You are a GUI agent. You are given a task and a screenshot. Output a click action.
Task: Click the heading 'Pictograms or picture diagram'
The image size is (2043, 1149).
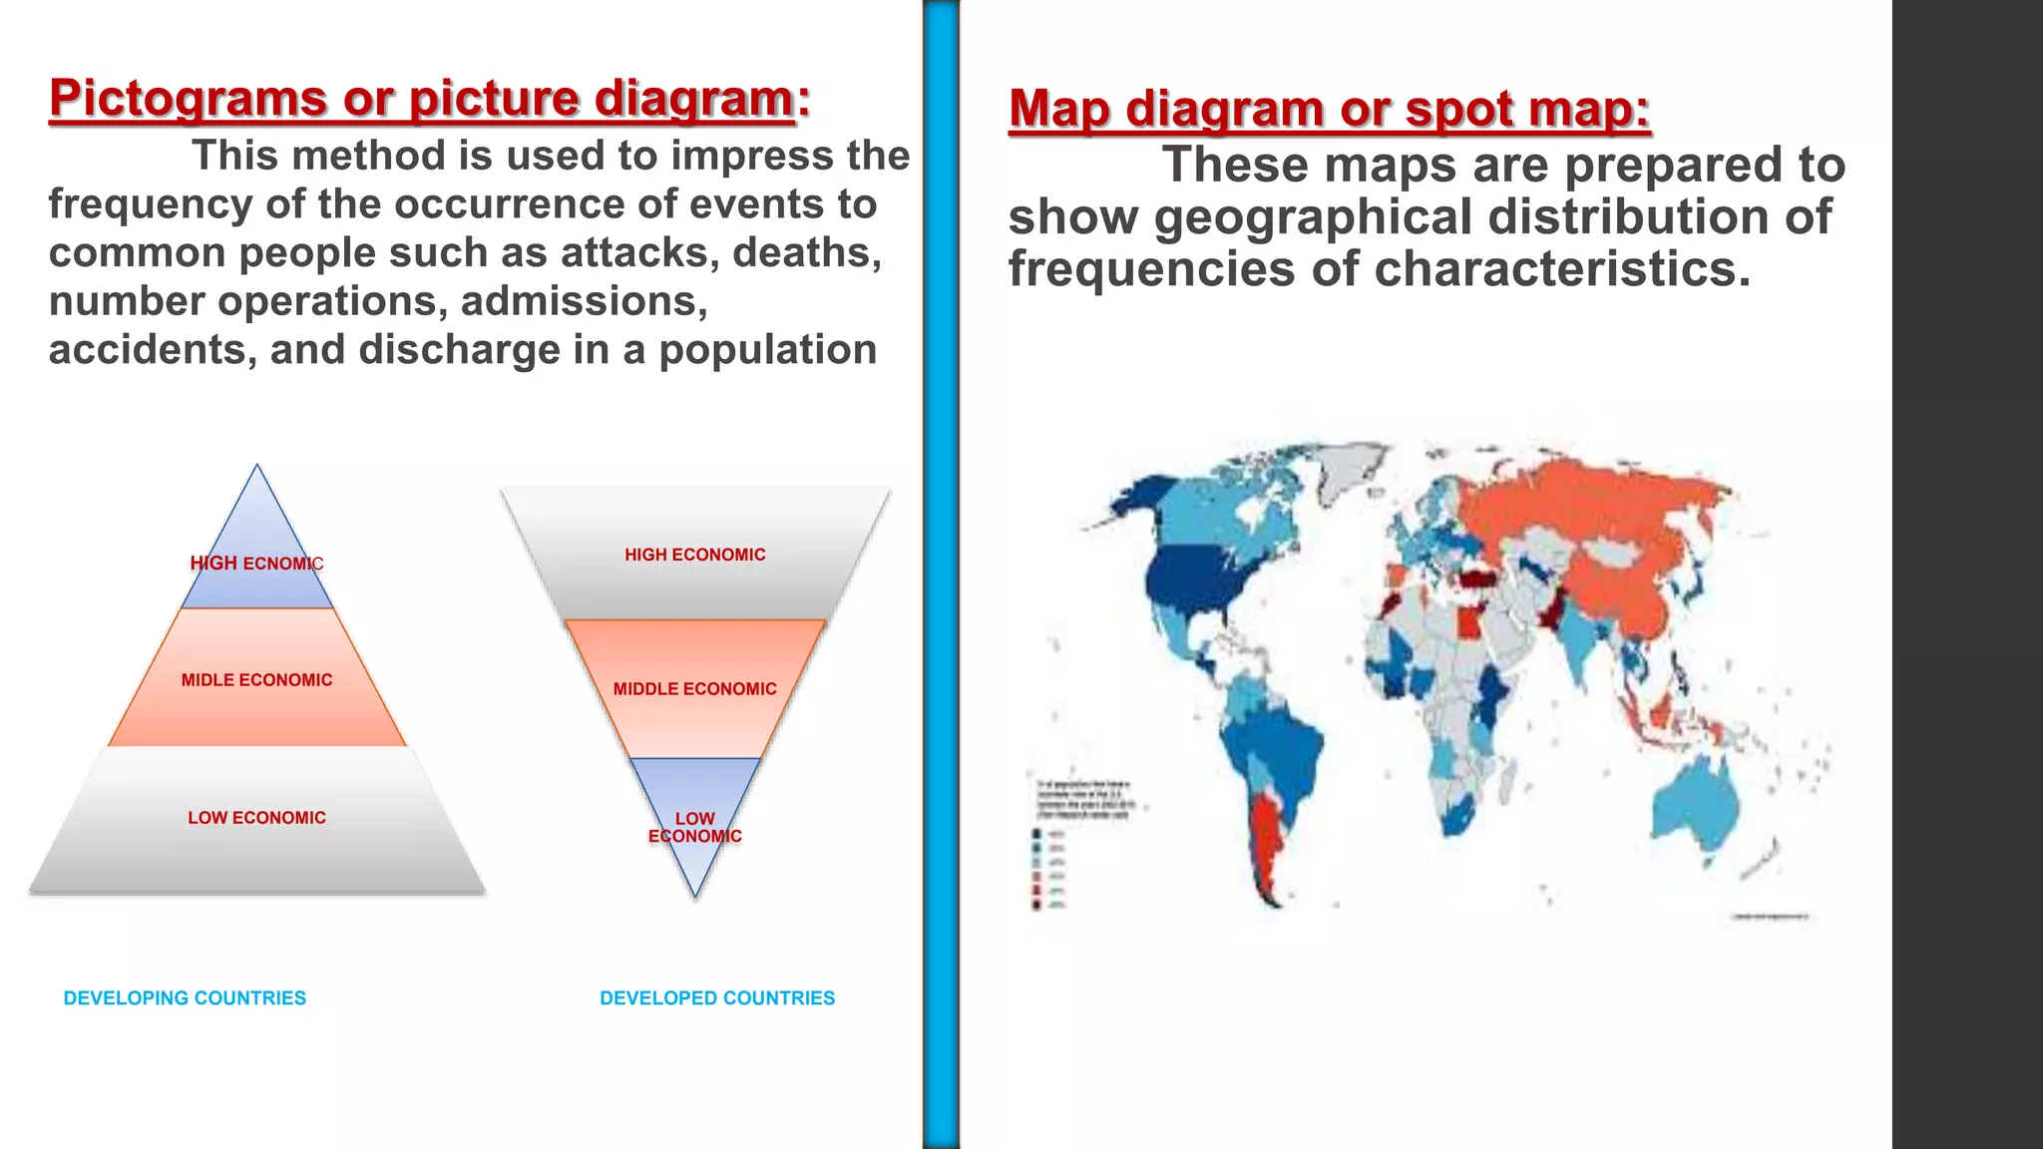421,99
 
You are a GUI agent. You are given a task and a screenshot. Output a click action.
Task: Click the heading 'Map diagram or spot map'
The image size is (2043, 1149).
1328,109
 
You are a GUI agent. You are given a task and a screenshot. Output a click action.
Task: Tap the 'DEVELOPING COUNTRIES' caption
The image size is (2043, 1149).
185,998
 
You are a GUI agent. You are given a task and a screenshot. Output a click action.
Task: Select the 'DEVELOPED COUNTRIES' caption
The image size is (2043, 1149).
717,998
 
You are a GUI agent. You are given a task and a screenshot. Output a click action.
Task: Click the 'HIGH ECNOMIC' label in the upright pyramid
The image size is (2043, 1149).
256,564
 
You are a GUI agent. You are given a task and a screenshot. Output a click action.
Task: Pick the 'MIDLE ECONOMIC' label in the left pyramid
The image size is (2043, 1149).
256,680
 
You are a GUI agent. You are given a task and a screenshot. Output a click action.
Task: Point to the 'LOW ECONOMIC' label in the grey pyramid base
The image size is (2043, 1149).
256,818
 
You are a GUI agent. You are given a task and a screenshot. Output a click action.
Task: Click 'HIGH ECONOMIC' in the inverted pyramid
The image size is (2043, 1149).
694,555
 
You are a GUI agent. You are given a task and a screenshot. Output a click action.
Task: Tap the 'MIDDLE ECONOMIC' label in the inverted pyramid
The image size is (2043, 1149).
694,689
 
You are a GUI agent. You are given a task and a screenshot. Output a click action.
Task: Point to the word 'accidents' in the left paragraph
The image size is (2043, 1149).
152,350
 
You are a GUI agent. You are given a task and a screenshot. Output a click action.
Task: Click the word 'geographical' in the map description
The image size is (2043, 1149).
1313,217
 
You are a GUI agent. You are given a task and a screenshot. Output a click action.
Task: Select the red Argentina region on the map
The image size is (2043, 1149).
1265,838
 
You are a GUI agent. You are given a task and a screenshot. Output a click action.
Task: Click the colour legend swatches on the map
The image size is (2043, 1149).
1037,869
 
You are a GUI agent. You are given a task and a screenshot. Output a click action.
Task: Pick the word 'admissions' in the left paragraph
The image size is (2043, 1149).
584,301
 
